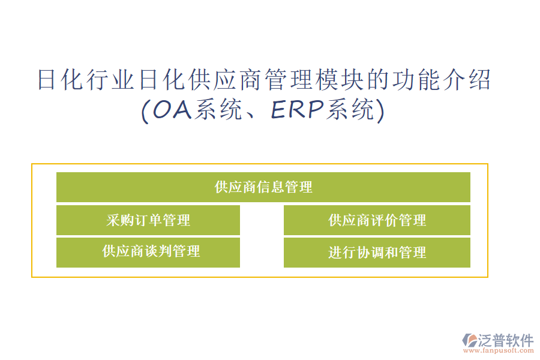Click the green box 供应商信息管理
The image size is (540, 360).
(263, 187)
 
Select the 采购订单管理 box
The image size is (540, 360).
(148, 220)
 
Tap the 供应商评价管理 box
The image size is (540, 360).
(377, 220)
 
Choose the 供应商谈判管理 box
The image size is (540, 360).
(148, 253)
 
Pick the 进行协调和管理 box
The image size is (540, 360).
(377, 253)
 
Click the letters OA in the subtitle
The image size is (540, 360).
(172, 110)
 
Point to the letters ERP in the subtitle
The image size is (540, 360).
(298, 110)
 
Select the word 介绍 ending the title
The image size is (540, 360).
(467, 80)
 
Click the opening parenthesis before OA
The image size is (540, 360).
(146, 110)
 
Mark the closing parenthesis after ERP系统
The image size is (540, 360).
(380, 110)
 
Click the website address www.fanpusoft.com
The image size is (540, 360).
(499, 350)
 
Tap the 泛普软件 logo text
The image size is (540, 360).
(506, 340)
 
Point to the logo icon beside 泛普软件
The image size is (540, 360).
(470, 340)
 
